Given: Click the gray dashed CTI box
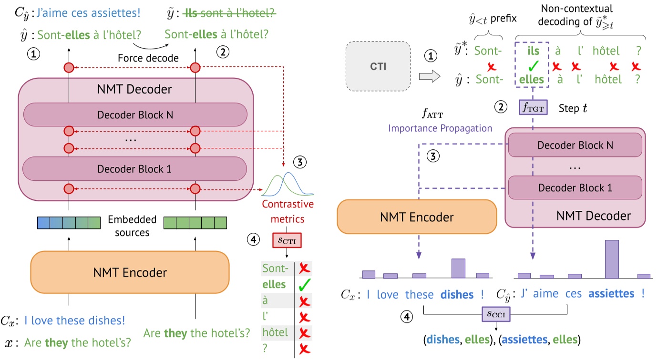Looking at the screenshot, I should pos(378,66).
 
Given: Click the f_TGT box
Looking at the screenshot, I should pos(533,108).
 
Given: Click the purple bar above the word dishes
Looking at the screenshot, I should pos(458,268).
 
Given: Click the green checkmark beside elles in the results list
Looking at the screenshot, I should pos(304,285).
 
